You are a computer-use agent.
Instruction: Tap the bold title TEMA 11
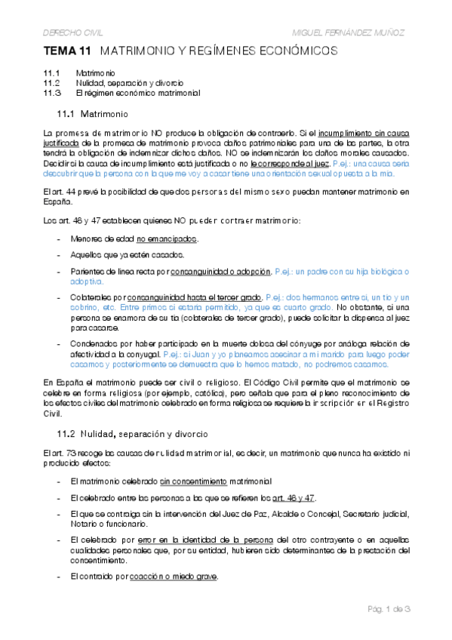(x=68, y=51)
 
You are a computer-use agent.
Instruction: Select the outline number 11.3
(x=52, y=94)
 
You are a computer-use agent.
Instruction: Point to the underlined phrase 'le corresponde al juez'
(x=290, y=162)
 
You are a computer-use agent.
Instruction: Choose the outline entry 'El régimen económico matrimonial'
(x=137, y=94)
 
